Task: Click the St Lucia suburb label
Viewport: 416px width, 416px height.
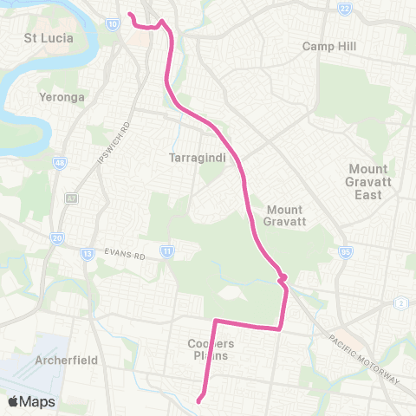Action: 49,38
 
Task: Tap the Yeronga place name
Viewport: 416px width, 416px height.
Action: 62,97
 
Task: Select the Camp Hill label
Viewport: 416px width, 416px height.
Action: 323,46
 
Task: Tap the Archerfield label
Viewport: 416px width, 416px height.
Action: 67,360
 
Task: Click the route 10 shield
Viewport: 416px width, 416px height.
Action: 114,25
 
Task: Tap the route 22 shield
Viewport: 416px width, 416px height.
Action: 344,8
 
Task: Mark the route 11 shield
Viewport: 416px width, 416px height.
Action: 166,251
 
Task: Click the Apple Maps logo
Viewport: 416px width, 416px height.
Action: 30,401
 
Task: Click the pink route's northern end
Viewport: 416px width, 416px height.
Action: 128,15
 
